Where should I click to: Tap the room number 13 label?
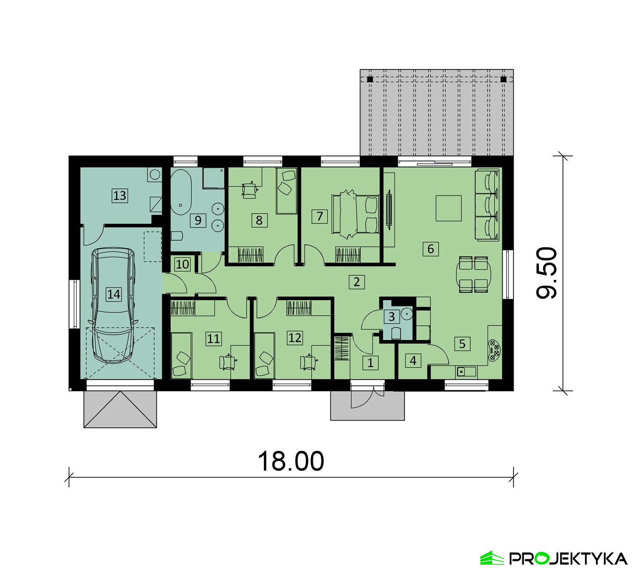click(120, 196)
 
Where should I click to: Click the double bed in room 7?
click(355, 214)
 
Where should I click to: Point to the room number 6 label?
click(431, 249)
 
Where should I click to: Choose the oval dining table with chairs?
click(473, 275)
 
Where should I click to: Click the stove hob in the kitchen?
click(494, 350)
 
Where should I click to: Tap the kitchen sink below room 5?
click(466, 372)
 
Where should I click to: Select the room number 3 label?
click(391, 317)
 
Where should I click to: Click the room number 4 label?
click(413, 360)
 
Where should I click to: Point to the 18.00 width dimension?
click(291, 461)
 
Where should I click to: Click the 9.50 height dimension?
click(547, 273)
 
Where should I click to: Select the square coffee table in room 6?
click(449, 208)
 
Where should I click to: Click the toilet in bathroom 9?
click(177, 235)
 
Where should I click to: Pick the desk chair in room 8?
click(249, 190)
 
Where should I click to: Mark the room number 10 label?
click(182, 264)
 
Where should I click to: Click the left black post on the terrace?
click(370, 79)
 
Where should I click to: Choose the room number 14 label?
click(113, 294)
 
